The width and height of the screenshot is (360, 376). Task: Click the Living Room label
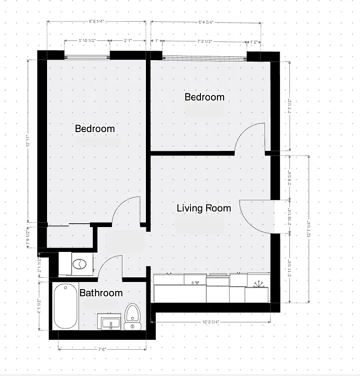click(204, 208)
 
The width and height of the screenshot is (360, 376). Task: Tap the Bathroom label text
click(101, 293)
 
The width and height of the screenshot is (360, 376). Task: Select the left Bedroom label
click(95, 129)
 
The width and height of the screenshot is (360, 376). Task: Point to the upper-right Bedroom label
click(204, 97)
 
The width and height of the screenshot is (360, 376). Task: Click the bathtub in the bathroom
click(65, 306)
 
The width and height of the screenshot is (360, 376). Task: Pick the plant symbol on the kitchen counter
click(257, 283)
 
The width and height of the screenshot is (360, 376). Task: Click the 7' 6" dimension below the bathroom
click(102, 349)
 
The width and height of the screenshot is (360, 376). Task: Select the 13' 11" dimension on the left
click(28, 141)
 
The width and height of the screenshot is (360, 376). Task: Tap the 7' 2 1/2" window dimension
click(204, 42)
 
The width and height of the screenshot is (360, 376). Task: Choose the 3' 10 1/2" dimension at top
click(87, 41)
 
